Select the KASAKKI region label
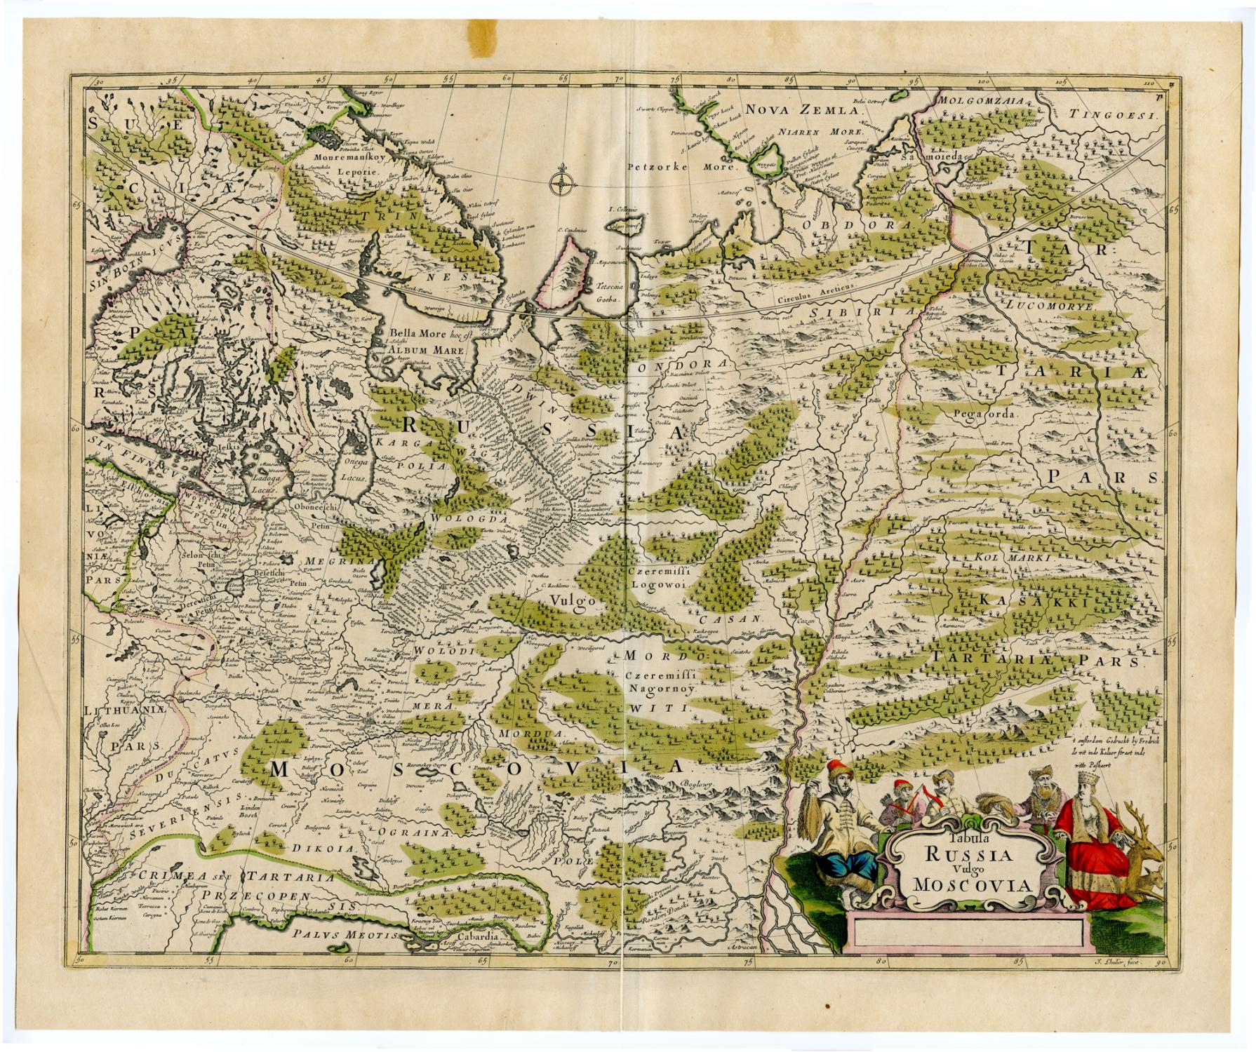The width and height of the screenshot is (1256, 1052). [x=1031, y=600]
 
